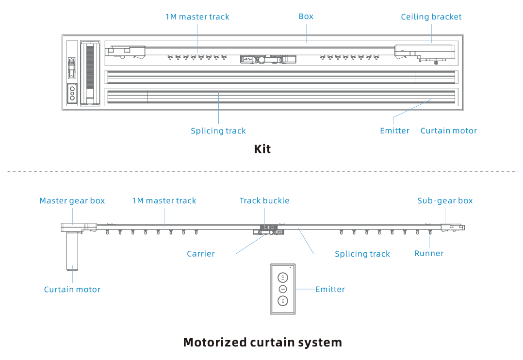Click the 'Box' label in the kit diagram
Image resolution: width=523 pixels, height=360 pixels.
pyautogui.click(x=306, y=16)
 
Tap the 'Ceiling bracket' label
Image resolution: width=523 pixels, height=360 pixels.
pyautogui.click(x=431, y=17)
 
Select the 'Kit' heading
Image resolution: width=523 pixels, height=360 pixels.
pyautogui.click(x=262, y=149)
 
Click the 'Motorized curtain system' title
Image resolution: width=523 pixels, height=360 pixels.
pyautogui.click(x=262, y=343)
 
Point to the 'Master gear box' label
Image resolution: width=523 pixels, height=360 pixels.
pyautogui.click(x=72, y=201)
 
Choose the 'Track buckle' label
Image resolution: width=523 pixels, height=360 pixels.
pyautogui.click(x=264, y=201)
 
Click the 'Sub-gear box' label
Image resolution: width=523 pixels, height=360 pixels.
pyautogui.click(x=444, y=201)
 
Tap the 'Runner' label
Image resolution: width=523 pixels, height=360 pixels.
pyautogui.click(x=429, y=253)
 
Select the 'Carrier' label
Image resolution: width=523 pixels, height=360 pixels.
pyautogui.click(x=200, y=254)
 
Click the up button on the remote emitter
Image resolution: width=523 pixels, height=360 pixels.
pyautogui.click(x=283, y=278)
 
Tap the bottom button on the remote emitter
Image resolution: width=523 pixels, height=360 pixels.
pyautogui.click(x=283, y=301)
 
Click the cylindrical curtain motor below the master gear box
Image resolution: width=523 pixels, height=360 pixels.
pyautogui.click(x=73, y=250)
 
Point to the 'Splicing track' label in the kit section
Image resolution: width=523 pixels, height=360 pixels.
pyautogui.click(x=218, y=131)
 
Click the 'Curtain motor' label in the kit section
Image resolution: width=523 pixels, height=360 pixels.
pyautogui.click(x=448, y=131)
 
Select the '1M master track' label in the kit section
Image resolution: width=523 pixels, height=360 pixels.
pyautogui.click(x=197, y=17)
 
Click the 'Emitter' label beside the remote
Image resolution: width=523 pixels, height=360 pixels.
pyautogui.click(x=330, y=289)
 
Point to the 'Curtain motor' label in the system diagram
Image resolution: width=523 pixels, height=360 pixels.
pyautogui.click(x=72, y=290)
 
